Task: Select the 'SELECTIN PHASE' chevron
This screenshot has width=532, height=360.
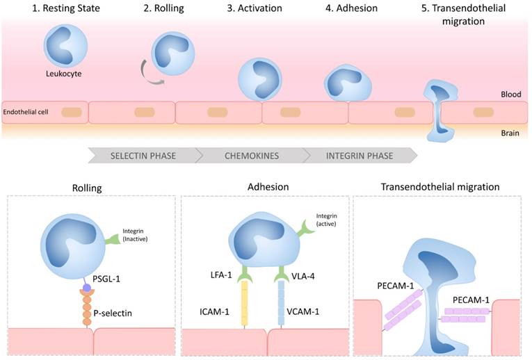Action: [x=143, y=155]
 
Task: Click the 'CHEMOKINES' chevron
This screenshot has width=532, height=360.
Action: [x=252, y=155]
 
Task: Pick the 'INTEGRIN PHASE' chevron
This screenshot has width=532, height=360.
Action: [x=359, y=155]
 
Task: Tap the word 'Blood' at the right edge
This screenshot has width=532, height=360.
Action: [x=511, y=95]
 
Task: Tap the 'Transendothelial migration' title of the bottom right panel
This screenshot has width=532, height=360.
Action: [x=440, y=187]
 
